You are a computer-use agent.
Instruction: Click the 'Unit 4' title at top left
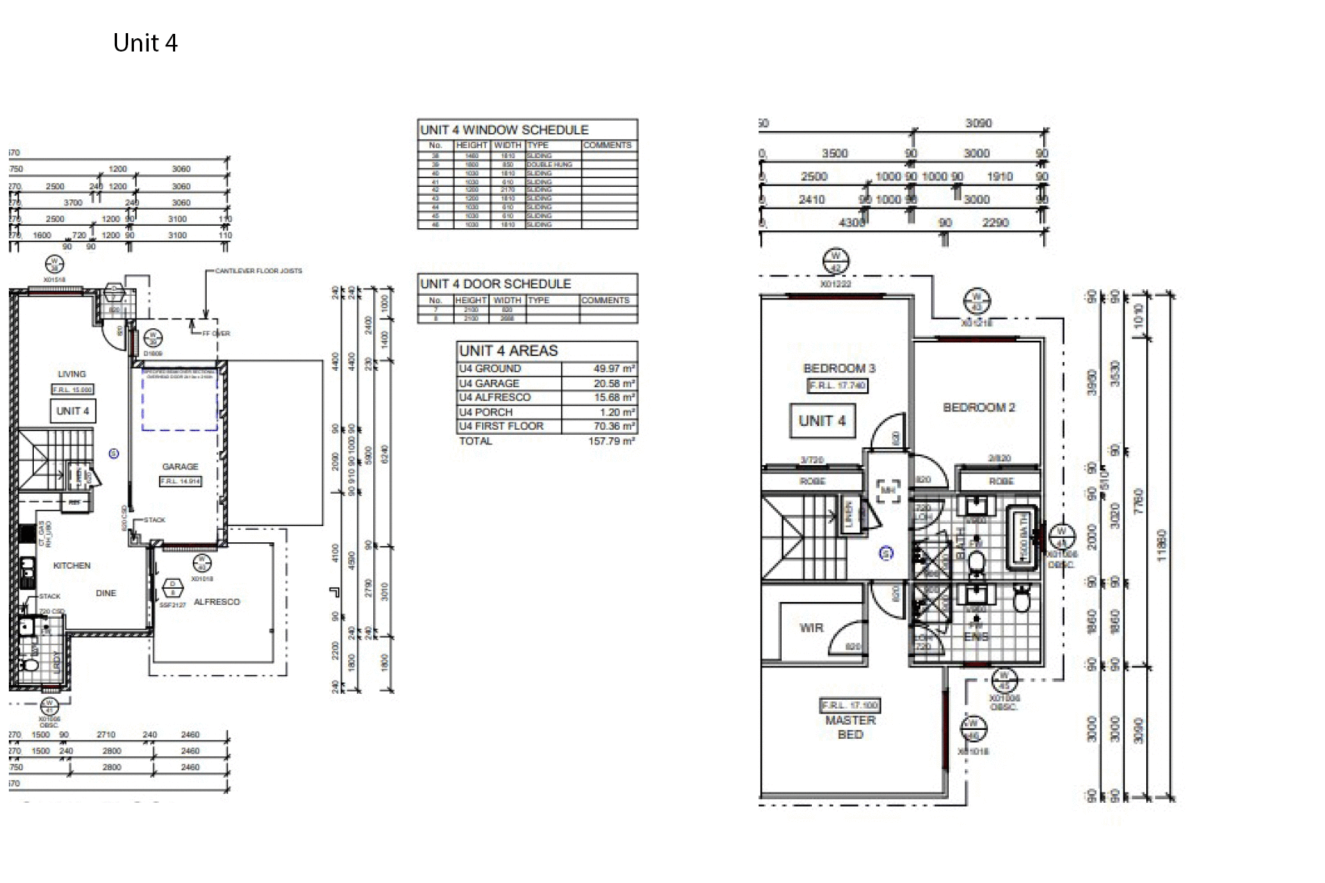pyautogui.click(x=145, y=43)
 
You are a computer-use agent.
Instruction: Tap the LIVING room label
pyautogui.click(x=72, y=374)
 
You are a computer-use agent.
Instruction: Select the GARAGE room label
pyautogui.click(x=180, y=467)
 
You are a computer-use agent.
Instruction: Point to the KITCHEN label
pyautogui.click(x=72, y=566)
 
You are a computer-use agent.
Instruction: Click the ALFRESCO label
pyautogui.click(x=216, y=602)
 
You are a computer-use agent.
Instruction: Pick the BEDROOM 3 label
pyautogui.click(x=839, y=369)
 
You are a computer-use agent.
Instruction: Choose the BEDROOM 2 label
pyautogui.click(x=979, y=408)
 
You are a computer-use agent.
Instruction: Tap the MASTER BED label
pyautogui.click(x=850, y=727)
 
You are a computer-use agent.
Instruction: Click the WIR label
pyautogui.click(x=811, y=628)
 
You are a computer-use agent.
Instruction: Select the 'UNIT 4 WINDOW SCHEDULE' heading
pyautogui.click(x=504, y=130)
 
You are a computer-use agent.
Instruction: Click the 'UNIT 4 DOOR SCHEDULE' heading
pyautogui.click(x=495, y=284)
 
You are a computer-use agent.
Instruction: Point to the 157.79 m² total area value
pyautogui.click(x=611, y=441)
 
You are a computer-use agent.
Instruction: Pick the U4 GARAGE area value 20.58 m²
pyautogui.click(x=614, y=383)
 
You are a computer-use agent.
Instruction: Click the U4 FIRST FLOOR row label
pyautogui.click(x=501, y=426)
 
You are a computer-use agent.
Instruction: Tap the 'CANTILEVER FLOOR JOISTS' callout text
pyautogui.click(x=258, y=271)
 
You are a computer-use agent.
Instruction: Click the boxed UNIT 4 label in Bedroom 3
pyautogui.click(x=822, y=421)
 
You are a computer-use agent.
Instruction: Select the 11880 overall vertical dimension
pyautogui.click(x=1162, y=545)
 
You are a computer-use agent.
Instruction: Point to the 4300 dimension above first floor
pyautogui.click(x=852, y=222)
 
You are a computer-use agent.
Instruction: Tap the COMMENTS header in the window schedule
pyautogui.click(x=607, y=146)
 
